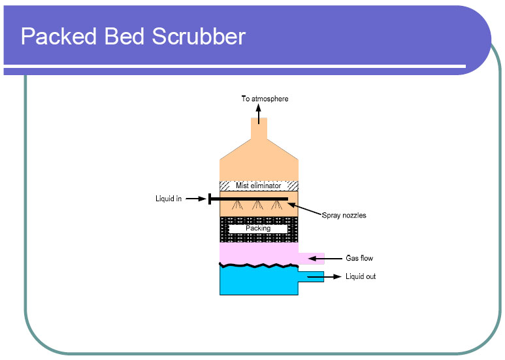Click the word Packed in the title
click(57, 36)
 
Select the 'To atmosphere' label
click(265, 99)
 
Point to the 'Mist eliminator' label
click(259, 186)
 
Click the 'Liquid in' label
click(169, 199)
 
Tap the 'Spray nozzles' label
click(344, 215)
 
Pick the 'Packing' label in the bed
click(258, 229)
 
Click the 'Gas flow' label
click(359, 259)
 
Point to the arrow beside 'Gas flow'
click(333, 259)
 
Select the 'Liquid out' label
click(361, 277)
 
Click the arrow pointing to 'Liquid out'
click(324, 277)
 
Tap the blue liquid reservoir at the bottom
click(259, 282)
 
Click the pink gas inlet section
click(259, 252)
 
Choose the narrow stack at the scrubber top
click(259, 128)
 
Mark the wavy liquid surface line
click(259, 266)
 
